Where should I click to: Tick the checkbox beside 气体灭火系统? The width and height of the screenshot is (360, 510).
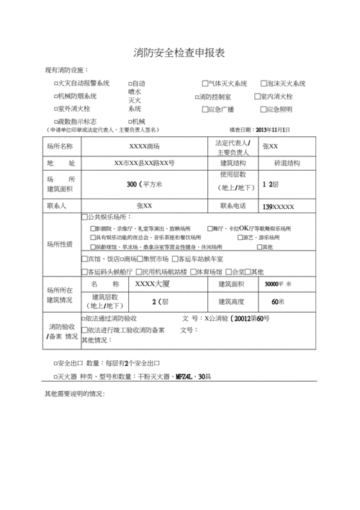(x=205, y=84)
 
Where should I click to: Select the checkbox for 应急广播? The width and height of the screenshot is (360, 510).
(x=205, y=109)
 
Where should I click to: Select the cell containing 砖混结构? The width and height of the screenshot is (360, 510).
(x=267, y=164)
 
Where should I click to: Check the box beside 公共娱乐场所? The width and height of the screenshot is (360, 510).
(x=84, y=217)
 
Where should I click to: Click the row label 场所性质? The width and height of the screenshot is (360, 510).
(x=60, y=243)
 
